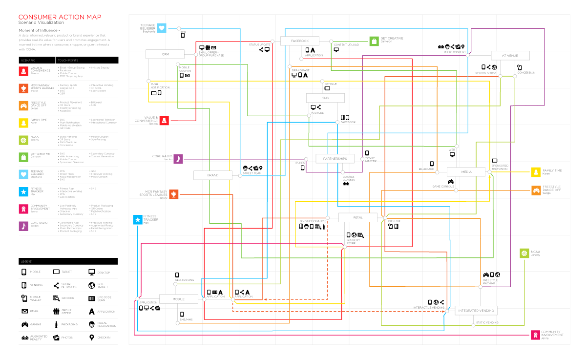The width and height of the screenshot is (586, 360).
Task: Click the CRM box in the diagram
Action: tap(166, 54)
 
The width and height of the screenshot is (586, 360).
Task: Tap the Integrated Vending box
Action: tap(476, 310)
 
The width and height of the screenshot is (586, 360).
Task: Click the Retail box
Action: tap(357, 217)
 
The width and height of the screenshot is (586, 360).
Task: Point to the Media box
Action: tap(466, 172)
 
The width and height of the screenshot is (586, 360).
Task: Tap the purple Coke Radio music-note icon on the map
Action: tap(178, 159)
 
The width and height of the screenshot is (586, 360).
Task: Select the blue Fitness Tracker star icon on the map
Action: tap(138, 220)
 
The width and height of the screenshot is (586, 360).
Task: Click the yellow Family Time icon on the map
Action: tap(536, 172)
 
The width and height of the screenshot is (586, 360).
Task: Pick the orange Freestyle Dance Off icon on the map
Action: tap(536, 191)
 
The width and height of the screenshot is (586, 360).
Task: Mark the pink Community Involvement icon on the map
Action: tap(535, 335)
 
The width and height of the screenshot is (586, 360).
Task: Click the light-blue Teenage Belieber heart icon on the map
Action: tap(162, 28)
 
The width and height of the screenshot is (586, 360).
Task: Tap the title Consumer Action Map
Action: tap(60, 17)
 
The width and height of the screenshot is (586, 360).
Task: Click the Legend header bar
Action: tap(68, 261)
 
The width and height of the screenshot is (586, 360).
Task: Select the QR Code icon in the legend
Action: tap(56, 298)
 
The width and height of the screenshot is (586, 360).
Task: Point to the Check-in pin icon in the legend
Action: tap(91, 338)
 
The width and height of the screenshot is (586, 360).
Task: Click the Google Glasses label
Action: tap(348, 178)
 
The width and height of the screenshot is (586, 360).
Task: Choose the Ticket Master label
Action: tap(371, 160)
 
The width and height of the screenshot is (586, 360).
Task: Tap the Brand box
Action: tap(212, 175)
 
